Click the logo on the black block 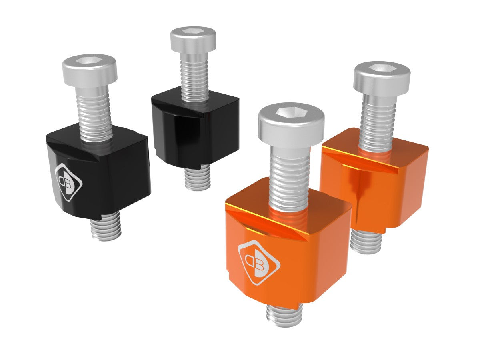[68, 182]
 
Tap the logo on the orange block [259, 262]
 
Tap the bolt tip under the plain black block [198, 178]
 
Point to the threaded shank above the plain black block [195, 76]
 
